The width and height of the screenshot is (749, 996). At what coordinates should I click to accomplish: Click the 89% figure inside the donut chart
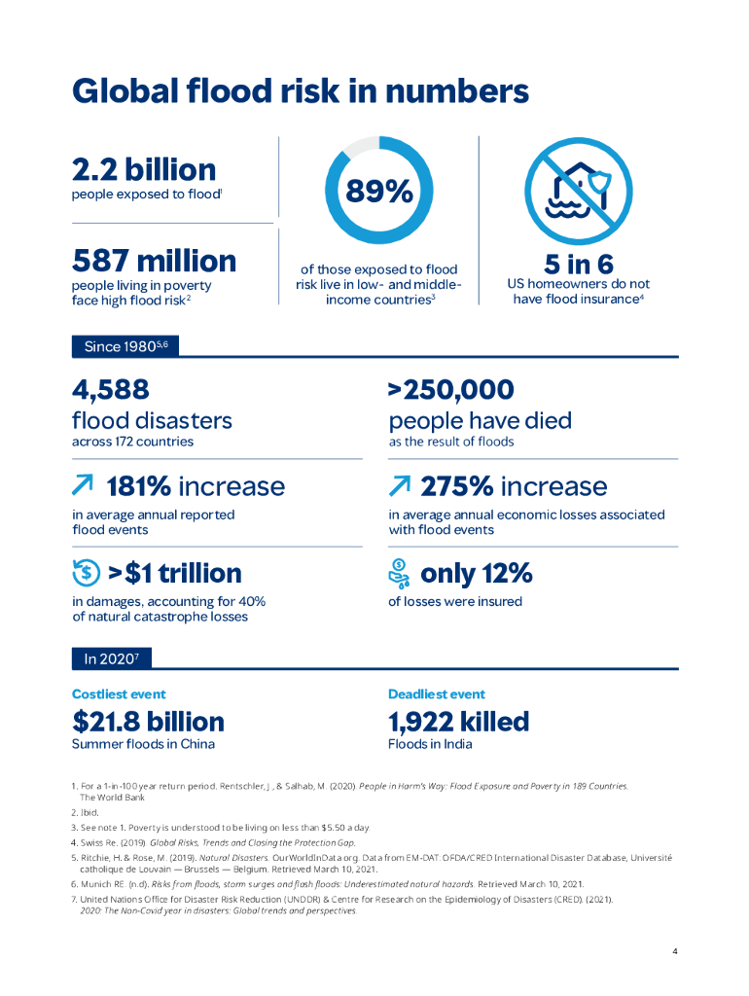(378, 193)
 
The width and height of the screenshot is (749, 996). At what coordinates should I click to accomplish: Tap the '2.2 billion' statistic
(144, 169)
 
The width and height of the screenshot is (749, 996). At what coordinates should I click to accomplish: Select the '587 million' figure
(154, 261)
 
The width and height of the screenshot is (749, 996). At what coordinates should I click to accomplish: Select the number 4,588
(111, 390)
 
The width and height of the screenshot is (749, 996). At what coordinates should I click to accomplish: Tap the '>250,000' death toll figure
(450, 390)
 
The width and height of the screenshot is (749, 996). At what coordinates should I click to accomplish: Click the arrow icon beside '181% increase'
(84, 485)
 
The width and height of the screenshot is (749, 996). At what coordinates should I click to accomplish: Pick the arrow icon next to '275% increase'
(399, 485)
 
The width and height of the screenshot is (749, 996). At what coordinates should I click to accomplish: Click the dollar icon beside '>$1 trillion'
(85, 574)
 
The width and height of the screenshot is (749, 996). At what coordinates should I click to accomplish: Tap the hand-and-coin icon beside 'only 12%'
(400, 574)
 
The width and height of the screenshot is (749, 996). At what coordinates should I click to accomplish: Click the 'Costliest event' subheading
(119, 694)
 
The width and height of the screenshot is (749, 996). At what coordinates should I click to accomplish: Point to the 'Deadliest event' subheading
(437, 694)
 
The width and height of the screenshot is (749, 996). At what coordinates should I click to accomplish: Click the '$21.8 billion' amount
(148, 722)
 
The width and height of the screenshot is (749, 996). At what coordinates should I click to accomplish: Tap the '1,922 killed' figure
(458, 722)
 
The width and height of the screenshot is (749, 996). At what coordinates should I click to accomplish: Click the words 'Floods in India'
(430, 744)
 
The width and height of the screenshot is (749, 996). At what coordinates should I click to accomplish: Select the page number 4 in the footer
(675, 951)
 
